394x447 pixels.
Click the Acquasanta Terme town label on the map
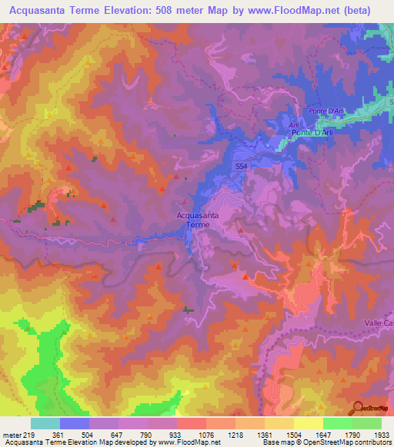(198, 220)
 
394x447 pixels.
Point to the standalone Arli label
(292, 124)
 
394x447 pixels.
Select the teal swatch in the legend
(45, 423)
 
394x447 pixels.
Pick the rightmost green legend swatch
(367, 423)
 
